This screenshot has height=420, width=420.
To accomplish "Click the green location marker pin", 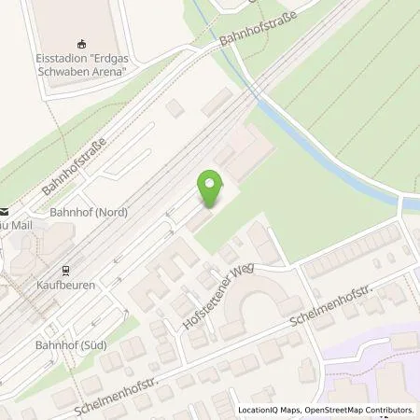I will click(212, 189).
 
